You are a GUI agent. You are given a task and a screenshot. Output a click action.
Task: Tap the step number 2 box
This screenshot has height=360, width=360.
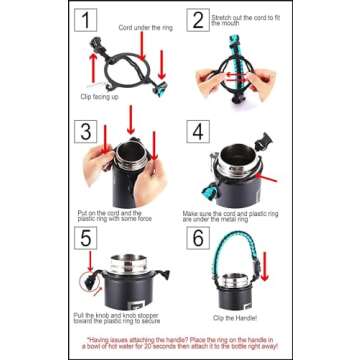[x=198, y=21]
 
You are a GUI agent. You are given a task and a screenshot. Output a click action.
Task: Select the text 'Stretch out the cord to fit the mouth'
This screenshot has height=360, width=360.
[x=245, y=20]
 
